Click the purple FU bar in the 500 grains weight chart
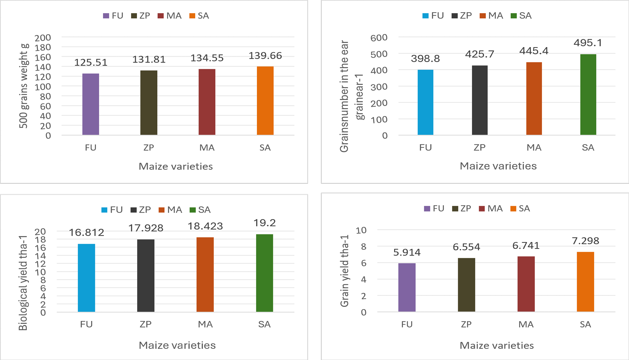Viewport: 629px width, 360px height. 90,104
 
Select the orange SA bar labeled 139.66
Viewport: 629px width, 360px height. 265,101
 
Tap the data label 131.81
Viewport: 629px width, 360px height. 149,59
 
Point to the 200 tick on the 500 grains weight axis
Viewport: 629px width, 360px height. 43,38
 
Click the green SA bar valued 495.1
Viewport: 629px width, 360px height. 588,95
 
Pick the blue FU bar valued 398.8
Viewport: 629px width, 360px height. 425,102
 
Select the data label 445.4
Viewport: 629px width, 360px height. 534,51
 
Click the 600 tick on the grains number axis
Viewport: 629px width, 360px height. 379,38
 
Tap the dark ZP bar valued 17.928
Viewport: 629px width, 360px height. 146,276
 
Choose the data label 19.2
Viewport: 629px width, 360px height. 265,223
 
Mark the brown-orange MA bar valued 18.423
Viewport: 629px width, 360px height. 205,275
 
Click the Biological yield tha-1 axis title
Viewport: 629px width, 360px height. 23,283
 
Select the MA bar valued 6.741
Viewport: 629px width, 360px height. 526,284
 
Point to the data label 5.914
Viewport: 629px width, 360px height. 407,252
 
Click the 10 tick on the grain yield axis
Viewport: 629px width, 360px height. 361,231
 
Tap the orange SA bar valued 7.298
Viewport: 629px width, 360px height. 585,282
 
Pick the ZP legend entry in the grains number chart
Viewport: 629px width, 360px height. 462,16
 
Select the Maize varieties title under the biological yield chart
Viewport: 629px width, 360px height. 177,345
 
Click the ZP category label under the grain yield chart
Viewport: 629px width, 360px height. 466,324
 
